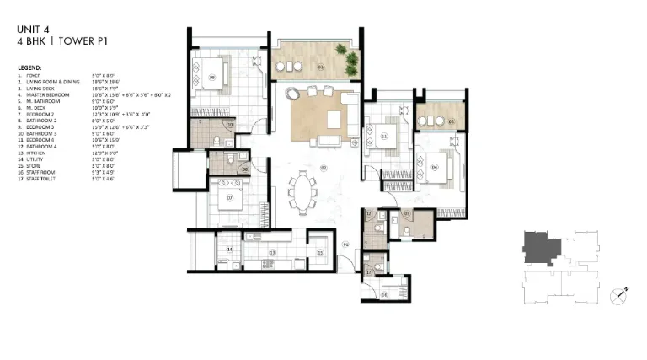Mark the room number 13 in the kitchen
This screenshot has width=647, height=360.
pyautogui.click(x=272, y=252)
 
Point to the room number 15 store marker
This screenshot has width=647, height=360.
pyautogui.click(x=320, y=252)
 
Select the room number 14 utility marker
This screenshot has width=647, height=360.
pyautogui.click(x=229, y=250)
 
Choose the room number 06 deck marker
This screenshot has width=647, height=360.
pyautogui.click(x=451, y=122)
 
